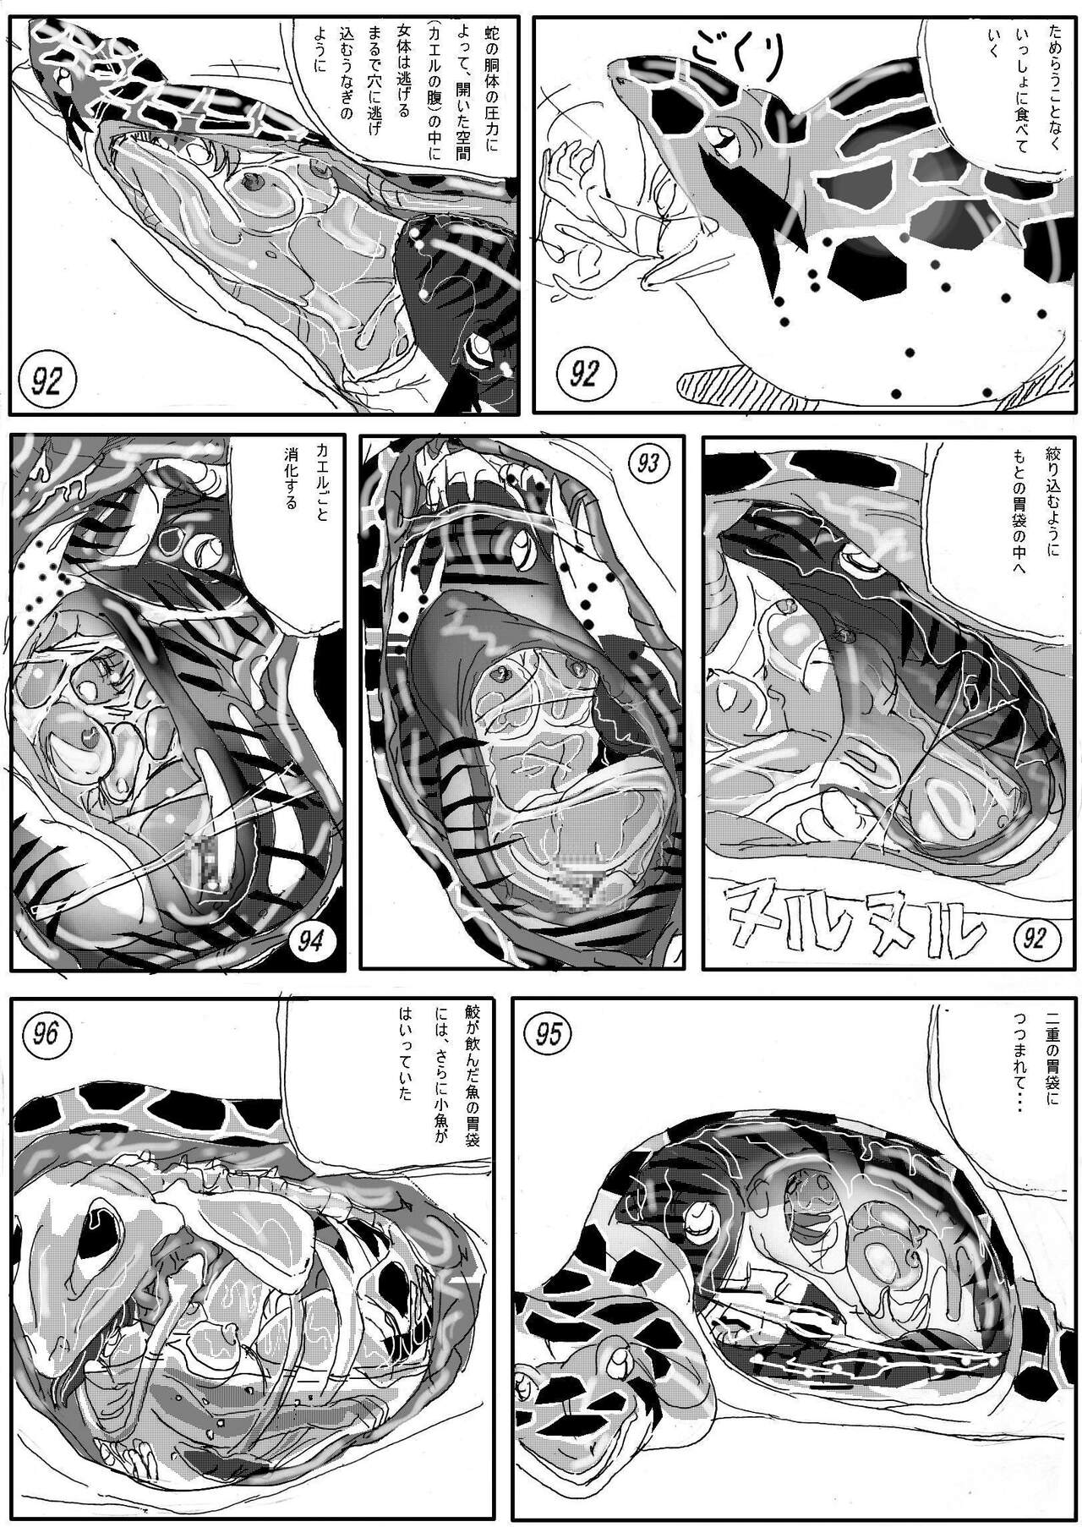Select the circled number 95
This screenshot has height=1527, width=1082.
[549, 1034]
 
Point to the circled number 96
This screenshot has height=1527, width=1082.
[47, 1034]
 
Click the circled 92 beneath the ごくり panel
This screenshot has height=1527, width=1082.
[584, 375]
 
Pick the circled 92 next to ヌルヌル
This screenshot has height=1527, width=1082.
[1033, 937]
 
